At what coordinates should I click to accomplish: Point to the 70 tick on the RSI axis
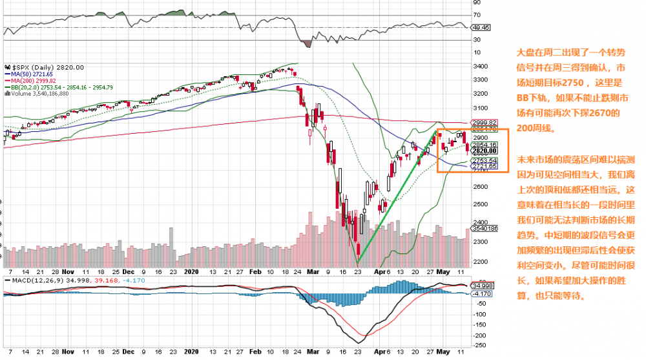coord(477,14)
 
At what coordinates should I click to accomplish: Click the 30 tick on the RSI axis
coord(477,40)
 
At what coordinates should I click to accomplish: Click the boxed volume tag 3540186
coord(485,228)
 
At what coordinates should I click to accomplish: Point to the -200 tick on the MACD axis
coord(480,336)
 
